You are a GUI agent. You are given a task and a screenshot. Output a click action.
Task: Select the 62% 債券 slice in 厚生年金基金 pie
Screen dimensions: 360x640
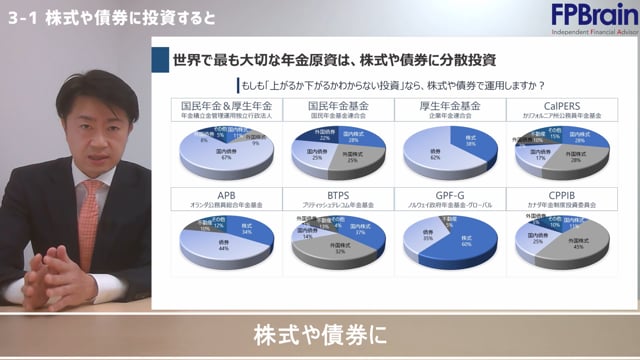coord(425,156)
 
